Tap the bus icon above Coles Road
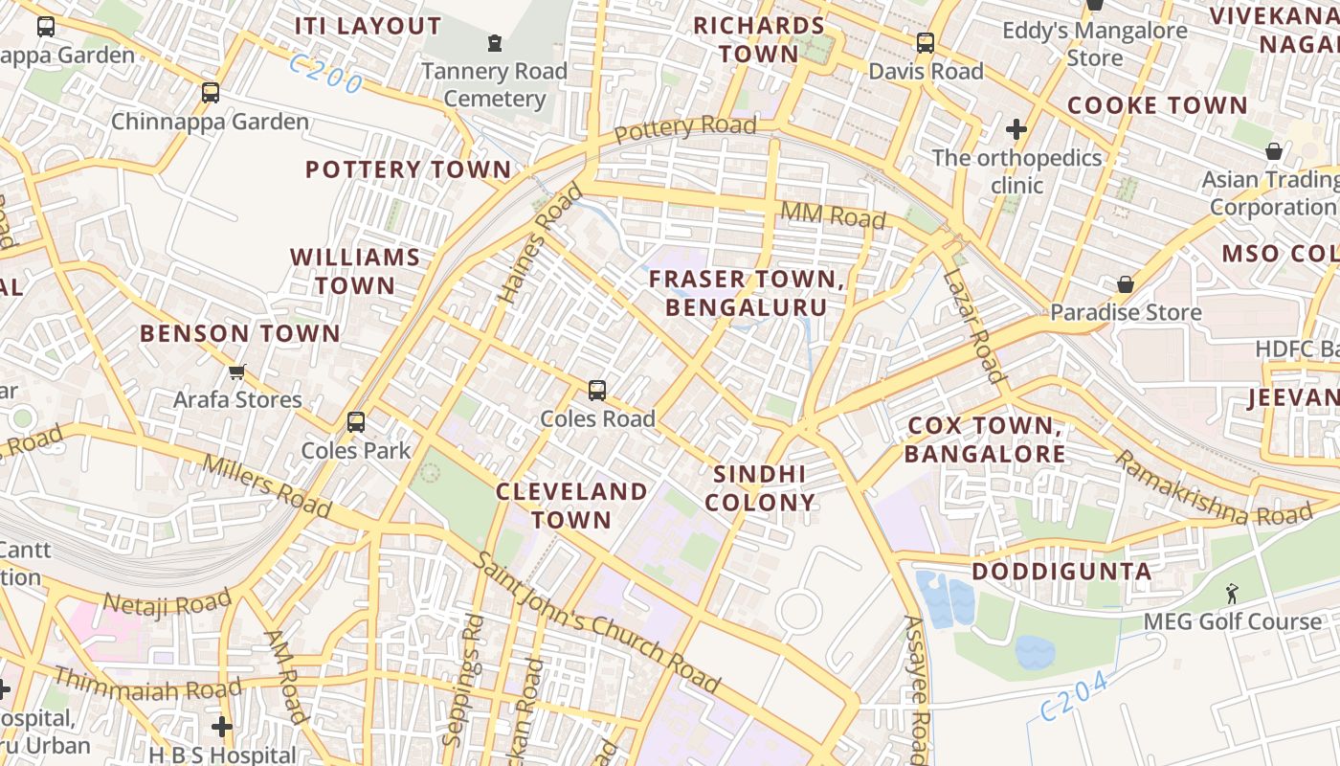pos(597,391)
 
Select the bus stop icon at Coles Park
pos(356,422)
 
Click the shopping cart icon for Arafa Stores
pos(236,372)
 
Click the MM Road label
pos(833,214)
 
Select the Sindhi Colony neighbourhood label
pos(760,488)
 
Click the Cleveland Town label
pos(571,506)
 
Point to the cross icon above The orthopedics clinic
pos(1016,128)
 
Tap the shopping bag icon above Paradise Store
pos(1126,284)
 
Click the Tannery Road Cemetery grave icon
pos(494,43)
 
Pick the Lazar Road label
pos(972,326)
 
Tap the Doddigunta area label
pos(1061,572)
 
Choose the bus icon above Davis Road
pos(925,43)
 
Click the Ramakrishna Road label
pos(1214,488)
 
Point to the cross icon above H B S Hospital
pos(222,727)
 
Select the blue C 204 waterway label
pos(1074,696)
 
